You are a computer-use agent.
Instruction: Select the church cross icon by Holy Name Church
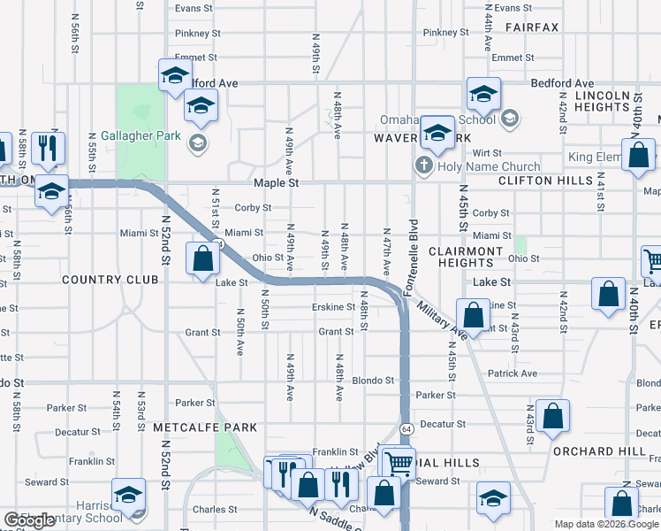pos(423,166)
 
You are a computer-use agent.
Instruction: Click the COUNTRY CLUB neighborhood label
pos(110,280)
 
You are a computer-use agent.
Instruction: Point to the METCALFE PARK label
pos(205,427)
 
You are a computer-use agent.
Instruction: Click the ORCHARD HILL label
pos(599,450)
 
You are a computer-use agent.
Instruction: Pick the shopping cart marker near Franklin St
pos(399,462)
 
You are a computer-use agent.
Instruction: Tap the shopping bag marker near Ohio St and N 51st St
pos(203,259)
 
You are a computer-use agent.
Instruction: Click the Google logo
pos(29,520)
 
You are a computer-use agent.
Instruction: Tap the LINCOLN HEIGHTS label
pos(601,101)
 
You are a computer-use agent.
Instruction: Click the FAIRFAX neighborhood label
pos(532,27)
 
